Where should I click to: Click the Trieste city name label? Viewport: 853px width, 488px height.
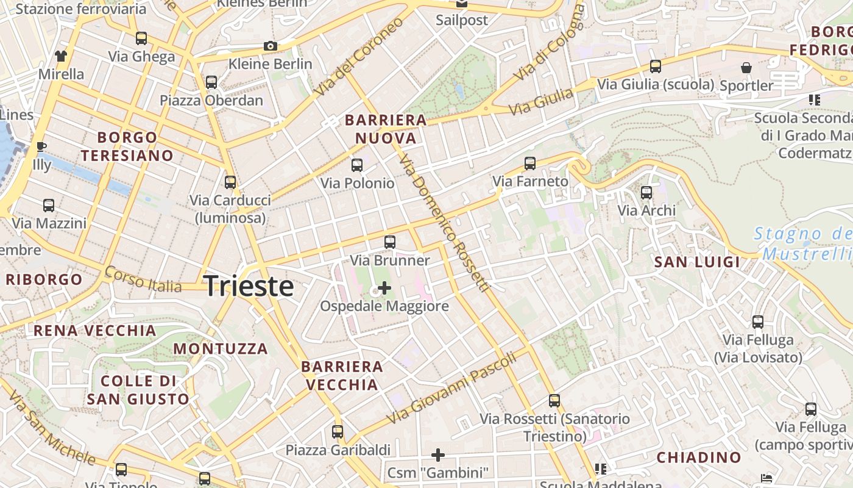click(249, 285)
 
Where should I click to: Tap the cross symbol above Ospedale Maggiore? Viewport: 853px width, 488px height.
click(384, 287)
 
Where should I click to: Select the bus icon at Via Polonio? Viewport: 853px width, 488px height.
click(357, 165)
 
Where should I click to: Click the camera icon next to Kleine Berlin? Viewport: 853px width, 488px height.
click(270, 46)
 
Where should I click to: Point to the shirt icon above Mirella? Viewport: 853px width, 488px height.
click(60, 56)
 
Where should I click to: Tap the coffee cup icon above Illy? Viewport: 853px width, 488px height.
click(41, 146)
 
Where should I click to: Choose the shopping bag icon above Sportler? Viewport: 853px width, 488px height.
click(746, 67)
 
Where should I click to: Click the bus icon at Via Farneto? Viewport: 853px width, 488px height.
click(530, 163)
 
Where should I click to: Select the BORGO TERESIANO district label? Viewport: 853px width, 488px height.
click(127, 146)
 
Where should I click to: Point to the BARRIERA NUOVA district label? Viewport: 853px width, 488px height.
click(386, 129)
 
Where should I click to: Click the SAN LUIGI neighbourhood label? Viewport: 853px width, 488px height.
click(696, 262)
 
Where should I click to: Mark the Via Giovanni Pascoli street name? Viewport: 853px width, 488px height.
click(452, 388)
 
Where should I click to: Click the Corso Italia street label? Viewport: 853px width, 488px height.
click(143, 279)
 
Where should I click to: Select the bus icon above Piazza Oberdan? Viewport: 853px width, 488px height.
click(211, 82)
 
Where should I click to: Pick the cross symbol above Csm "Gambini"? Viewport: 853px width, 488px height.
click(438, 454)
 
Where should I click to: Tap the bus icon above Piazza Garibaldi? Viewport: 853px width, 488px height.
click(338, 432)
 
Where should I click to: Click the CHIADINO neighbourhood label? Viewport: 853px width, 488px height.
click(699, 457)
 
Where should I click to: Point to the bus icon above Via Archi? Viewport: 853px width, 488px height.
click(646, 193)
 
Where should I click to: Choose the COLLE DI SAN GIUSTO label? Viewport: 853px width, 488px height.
click(138, 390)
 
